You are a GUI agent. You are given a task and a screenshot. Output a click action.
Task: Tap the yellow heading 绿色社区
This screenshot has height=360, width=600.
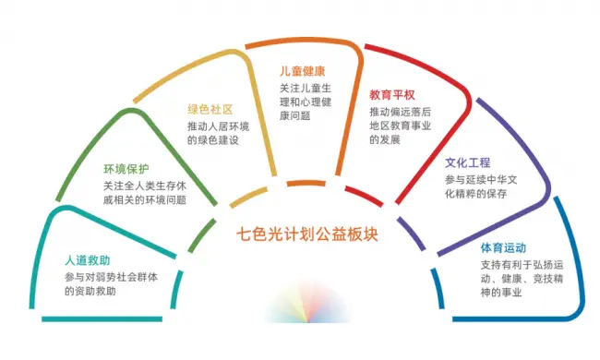point(210,108)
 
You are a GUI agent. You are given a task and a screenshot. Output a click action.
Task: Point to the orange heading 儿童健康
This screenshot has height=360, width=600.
point(304,70)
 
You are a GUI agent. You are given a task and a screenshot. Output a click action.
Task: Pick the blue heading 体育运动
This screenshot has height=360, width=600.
point(504,246)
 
